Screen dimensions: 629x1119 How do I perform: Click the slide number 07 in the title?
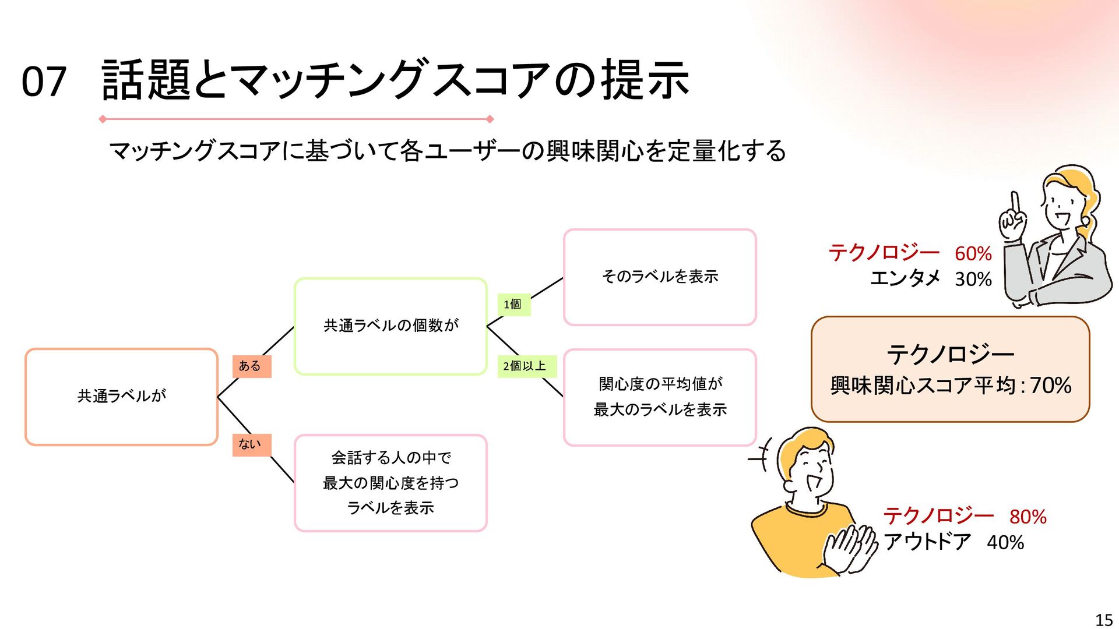pyautogui.click(x=44, y=82)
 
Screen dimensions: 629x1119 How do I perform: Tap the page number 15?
pyautogui.click(x=1104, y=620)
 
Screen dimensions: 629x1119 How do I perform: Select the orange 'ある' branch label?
pyautogui.click(x=251, y=366)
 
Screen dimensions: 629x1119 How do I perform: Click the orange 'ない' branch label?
pyautogui.click(x=251, y=444)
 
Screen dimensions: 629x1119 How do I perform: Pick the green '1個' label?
pyautogui.click(x=513, y=305)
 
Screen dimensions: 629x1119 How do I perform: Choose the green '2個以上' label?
pyautogui.click(x=526, y=366)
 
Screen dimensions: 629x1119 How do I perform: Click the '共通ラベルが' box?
pyautogui.click(x=121, y=397)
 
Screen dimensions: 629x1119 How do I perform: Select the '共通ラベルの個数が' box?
pyautogui.click(x=390, y=326)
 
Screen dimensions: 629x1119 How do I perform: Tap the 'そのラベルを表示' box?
pyautogui.click(x=660, y=277)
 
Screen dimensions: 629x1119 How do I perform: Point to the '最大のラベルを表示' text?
pyautogui.click(x=660, y=410)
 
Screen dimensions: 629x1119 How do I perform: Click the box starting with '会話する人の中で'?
pyautogui.click(x=390, y=483)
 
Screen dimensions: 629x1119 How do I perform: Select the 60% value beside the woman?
pyautogui.click(x=973, y=254)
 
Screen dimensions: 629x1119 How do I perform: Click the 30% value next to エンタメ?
pyautogui.click(x=973, y=280)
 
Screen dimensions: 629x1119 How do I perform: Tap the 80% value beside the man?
pyautogui.click(x=1027, y=517)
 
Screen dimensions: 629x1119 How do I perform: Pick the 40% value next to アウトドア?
pyautogui.click(x=1005, y=543)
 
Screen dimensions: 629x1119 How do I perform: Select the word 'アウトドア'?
pyautogui.click(x=927, y=542)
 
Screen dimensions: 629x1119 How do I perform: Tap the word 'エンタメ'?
pyautogui.click(x=905, y=279)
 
